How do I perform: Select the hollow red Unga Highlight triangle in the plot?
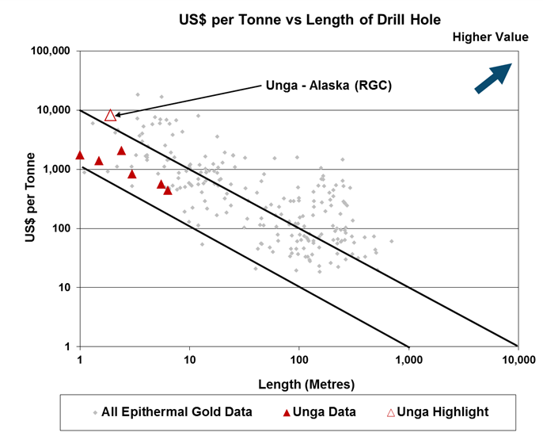pos(111,116)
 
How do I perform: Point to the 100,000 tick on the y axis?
pos(52,51)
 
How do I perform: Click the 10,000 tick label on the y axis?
pos(55,110)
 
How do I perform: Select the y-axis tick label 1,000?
pos(58,170)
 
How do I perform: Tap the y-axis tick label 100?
pos(62,228)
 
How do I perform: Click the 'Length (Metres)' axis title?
pos(298,384)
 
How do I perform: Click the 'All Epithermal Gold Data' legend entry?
pos(173,412)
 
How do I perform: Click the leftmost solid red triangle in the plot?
pos(80,155)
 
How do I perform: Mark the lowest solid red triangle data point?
pos(168,190)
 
